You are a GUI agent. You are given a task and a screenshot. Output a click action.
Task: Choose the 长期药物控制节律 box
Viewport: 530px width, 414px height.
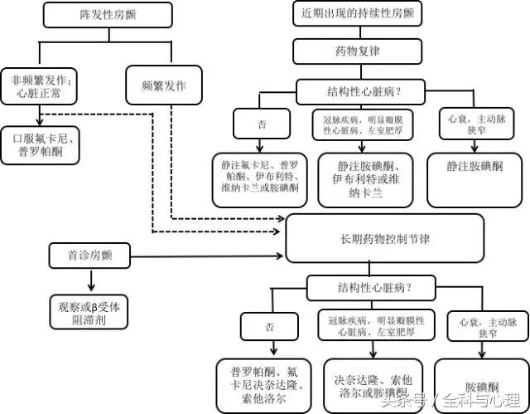click(384, 236)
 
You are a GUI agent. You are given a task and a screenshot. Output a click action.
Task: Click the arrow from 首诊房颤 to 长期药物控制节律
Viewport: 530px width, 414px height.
click(207, 255)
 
